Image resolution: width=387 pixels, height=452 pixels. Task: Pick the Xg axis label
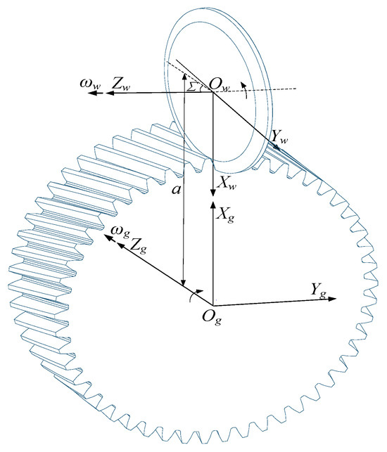pyautogui.click(x=225, y=214)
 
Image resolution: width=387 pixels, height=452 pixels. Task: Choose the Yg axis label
pyautogui.click(x=317, y=289)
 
